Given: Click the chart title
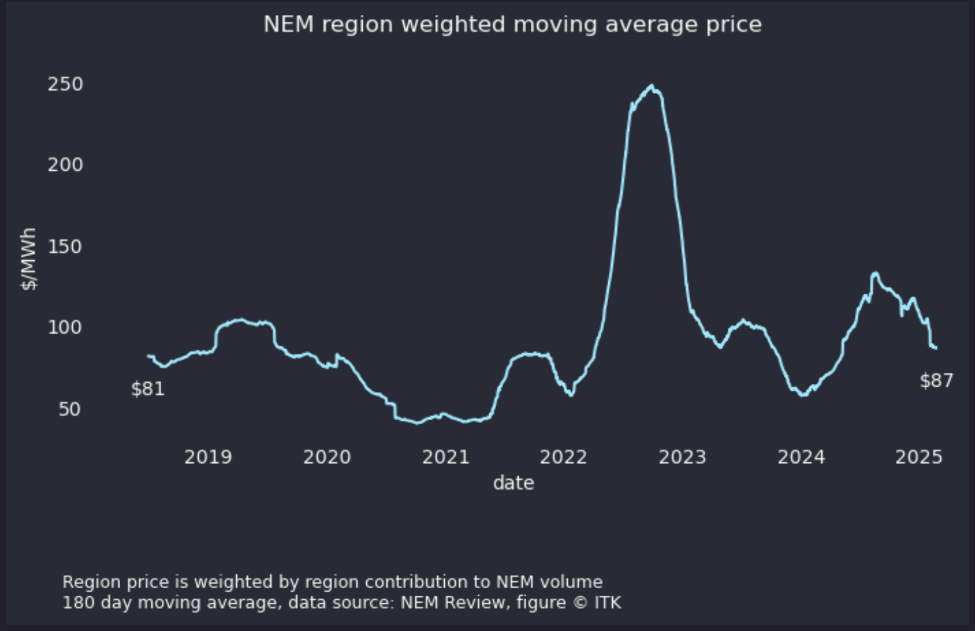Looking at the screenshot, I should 513,24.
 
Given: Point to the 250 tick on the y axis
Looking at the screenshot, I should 65,84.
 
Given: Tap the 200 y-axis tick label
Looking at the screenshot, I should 65,165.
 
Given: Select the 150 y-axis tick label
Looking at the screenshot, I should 65,247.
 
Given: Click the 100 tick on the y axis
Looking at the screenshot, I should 65,327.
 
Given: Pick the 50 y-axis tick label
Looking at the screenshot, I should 69,409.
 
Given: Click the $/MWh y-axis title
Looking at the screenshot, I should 28,259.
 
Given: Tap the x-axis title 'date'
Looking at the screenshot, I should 513,483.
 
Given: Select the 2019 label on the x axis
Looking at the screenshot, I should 208,457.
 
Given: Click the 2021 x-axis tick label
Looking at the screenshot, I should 445,457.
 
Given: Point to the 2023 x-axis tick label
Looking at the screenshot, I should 682,457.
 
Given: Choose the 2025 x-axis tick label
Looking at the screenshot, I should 919,457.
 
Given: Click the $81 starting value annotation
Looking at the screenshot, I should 148,389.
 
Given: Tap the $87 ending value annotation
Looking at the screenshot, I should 936,380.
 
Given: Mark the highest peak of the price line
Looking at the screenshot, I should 652,86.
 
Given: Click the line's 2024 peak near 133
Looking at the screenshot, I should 875,273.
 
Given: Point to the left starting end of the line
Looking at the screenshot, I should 149,356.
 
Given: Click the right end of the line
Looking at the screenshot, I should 936,348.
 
